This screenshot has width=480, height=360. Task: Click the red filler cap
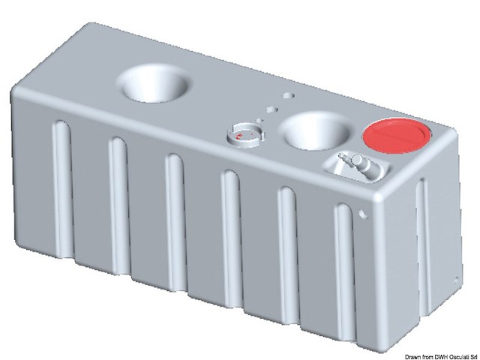397,136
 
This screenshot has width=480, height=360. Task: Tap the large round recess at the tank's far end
154,83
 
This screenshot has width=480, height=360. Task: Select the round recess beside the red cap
316,131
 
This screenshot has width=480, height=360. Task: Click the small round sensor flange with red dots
246,135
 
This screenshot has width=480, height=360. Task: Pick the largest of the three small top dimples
288,96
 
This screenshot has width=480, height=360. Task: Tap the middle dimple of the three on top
271,109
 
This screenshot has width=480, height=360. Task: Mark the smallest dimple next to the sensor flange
259,120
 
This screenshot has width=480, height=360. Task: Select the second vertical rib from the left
119,205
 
